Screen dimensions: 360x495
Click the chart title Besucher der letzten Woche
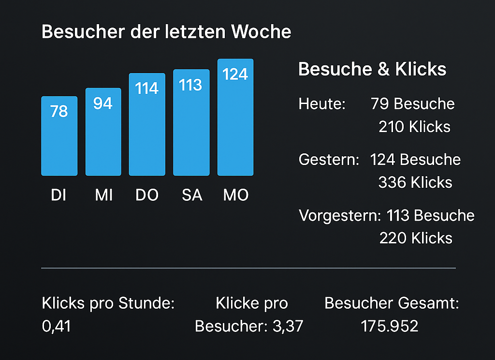166,32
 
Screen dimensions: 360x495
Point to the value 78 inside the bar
59,112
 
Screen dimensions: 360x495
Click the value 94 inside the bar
103,103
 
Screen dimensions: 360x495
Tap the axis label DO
147,195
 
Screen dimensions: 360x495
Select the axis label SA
192,195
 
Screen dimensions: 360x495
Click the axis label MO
236,195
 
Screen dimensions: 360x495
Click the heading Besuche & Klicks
372,69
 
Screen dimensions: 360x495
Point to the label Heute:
322,104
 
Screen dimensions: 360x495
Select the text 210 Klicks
414,127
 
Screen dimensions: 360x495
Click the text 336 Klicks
415,182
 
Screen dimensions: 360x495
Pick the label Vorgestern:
340,215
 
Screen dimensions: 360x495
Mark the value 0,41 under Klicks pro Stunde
57,326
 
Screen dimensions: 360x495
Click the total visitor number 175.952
390,326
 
